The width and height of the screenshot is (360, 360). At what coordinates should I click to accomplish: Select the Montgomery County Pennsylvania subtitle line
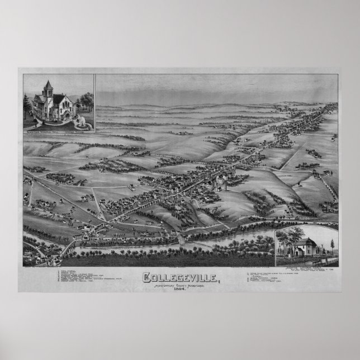click(x=180, y=285)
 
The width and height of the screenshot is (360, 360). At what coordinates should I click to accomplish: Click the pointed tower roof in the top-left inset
click(x=48, y=86)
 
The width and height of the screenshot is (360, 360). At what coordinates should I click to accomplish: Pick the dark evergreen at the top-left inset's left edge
click(x=26, y=106)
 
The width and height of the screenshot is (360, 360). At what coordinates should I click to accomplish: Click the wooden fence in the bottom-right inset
click(x=305, y=259)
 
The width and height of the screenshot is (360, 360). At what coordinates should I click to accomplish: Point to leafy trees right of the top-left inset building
click(x=86, y=101)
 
